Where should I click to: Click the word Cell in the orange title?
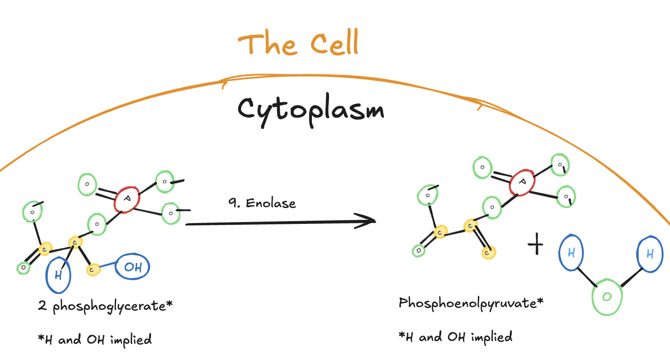point(335,44)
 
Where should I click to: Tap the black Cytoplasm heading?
point(311,110)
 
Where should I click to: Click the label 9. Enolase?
point(262,203)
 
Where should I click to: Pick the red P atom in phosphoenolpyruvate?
point(522,182)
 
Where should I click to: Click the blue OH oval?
point(132,267)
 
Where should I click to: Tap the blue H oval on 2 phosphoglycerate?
point(59,275)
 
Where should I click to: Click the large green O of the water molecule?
point(607,297)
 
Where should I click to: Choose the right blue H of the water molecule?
point(650,254)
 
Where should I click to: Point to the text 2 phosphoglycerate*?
point(105,307)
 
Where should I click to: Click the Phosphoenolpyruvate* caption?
point(471,303)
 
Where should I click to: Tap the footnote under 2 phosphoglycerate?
point(95,339)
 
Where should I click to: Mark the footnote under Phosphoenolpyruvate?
point(456,337)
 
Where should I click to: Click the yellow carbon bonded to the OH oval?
point(92,270)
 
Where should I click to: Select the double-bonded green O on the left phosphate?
point(87,184)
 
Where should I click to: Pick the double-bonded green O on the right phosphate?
point(482,167)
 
